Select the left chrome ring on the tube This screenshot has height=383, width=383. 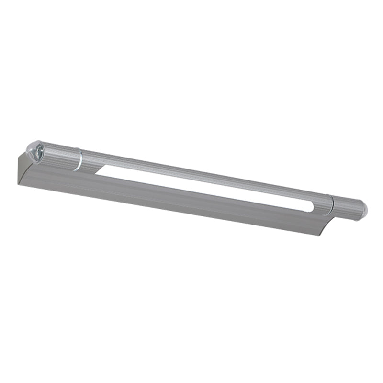pos(78,158)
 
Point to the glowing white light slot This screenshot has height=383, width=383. pos(201,187)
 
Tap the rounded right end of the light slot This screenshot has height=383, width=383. pos(313,207)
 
